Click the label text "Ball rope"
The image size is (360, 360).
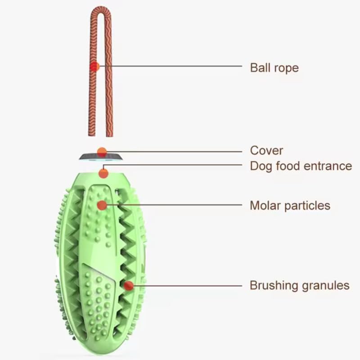coord(274,68)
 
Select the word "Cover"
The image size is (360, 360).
coord(266,150)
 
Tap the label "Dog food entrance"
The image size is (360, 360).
coord(301,166)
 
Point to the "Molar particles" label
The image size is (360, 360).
coord(290,206)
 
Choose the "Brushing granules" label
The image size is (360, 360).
coord(299,285)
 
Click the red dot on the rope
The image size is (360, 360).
coord(94,67)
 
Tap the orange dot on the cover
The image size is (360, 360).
coord(102,152)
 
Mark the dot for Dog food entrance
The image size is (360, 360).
coord(103,173)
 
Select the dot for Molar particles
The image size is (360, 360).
coord(102,205)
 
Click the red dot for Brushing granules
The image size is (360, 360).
coord(129,285)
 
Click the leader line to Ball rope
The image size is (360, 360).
coord(171,67)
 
